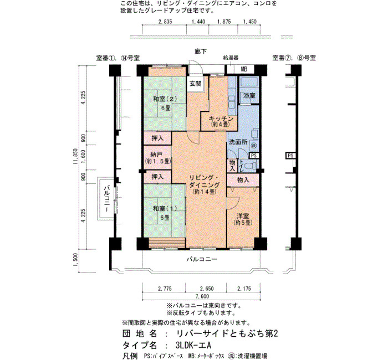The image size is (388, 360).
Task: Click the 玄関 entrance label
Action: click(196, 84)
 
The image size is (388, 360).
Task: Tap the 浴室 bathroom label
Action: click(249, 95)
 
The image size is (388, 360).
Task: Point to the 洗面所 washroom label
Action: click(238, 142)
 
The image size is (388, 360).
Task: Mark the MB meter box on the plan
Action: click(244, 69)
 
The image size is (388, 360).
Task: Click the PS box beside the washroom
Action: click(254, 156)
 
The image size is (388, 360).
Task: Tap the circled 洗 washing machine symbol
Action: click(254, 146)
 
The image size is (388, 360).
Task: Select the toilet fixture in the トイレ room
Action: click(252, 165)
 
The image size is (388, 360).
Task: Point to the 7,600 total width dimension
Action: click(202, 296)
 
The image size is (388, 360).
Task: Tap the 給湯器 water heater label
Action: click(231, 58)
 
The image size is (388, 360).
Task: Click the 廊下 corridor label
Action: click(201, 52)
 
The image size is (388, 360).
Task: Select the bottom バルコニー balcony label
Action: click(202, 259)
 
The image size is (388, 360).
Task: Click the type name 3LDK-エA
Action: click(193, 345)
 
